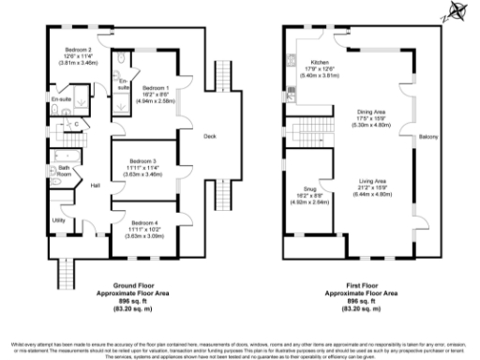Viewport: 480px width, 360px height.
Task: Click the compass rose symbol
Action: pyautogui.click(x=457, y=12)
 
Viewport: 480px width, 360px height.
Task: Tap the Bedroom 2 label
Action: pyautogui.click(x=77, y=49)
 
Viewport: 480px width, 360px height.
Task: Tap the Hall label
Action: pyautogui.click(x=96, y=186)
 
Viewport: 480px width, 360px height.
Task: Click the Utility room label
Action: pyautogui.click(x=58, y=219)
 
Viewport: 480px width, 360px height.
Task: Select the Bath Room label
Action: pyautogui.click(x=64, y=172)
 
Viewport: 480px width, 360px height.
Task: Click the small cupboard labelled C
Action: pyautogui.click(x=76, y=122)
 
